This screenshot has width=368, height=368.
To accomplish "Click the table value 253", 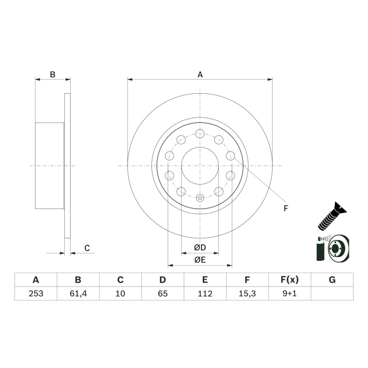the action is pyautogui.click(x=36, y=293).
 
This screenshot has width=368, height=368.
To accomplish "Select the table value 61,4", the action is pyautogui.click(x=78, y=293).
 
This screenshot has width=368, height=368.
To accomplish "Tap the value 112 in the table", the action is pyautogui.click(x=205, y=293).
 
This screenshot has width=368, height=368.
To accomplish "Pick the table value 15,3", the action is pyautogui.click(x=247, y=293).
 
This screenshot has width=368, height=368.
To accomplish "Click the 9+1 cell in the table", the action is pyautogui.click(x=289, y=293).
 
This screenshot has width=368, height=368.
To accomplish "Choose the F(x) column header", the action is pyautogui.click(x=289, y=280).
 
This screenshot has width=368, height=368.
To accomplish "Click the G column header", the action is pyautogui.click(x=332, y=280).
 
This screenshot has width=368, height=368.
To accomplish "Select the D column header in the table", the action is pyautogui.click(x=163, y=280).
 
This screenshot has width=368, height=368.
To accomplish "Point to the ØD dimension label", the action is pyautogui.click(x=200, y=247).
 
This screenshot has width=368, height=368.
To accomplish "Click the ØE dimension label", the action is pyautogui.click(x=200, y=260).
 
